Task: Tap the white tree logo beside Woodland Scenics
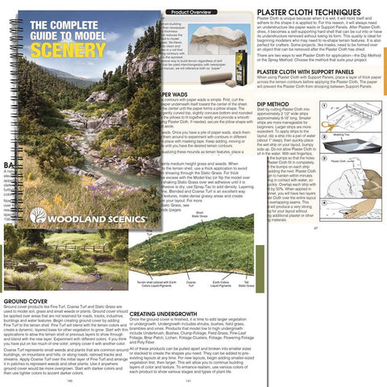coord(38,215)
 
